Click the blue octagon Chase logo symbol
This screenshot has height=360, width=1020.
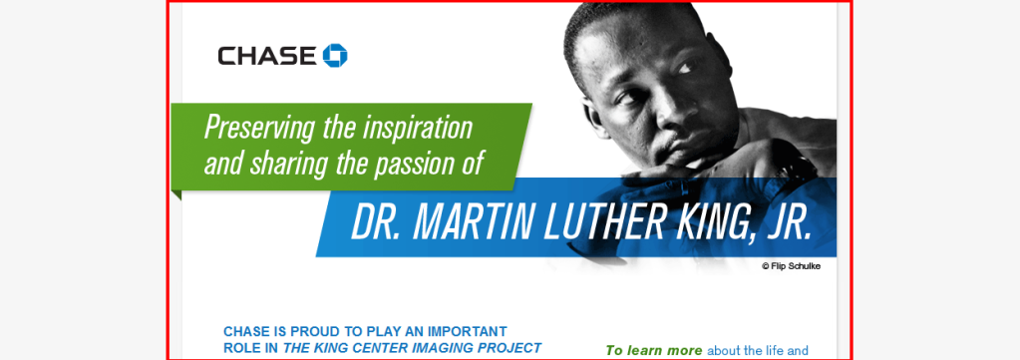click(335, 55)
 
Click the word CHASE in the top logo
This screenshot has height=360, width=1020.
click(267, 56)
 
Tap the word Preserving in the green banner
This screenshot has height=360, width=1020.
click(259, 129)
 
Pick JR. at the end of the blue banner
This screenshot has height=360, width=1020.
click(788, 222)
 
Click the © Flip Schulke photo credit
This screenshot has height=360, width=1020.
click(791, 265)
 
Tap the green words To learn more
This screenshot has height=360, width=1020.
click(654, 350)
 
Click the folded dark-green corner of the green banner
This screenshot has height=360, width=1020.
click(176, 194)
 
